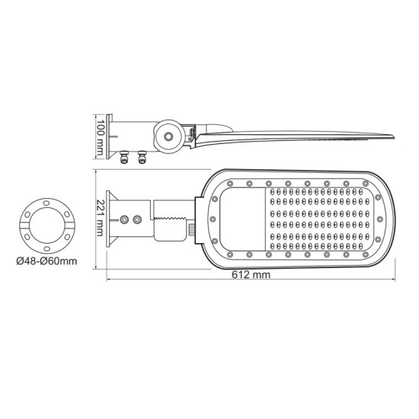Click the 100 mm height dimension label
99,136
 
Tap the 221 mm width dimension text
98,218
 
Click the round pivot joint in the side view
166,137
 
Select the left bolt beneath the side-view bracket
124,157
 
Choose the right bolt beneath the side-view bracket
141,157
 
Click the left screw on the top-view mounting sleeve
122,220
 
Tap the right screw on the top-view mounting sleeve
137,220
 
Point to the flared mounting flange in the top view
111,219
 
